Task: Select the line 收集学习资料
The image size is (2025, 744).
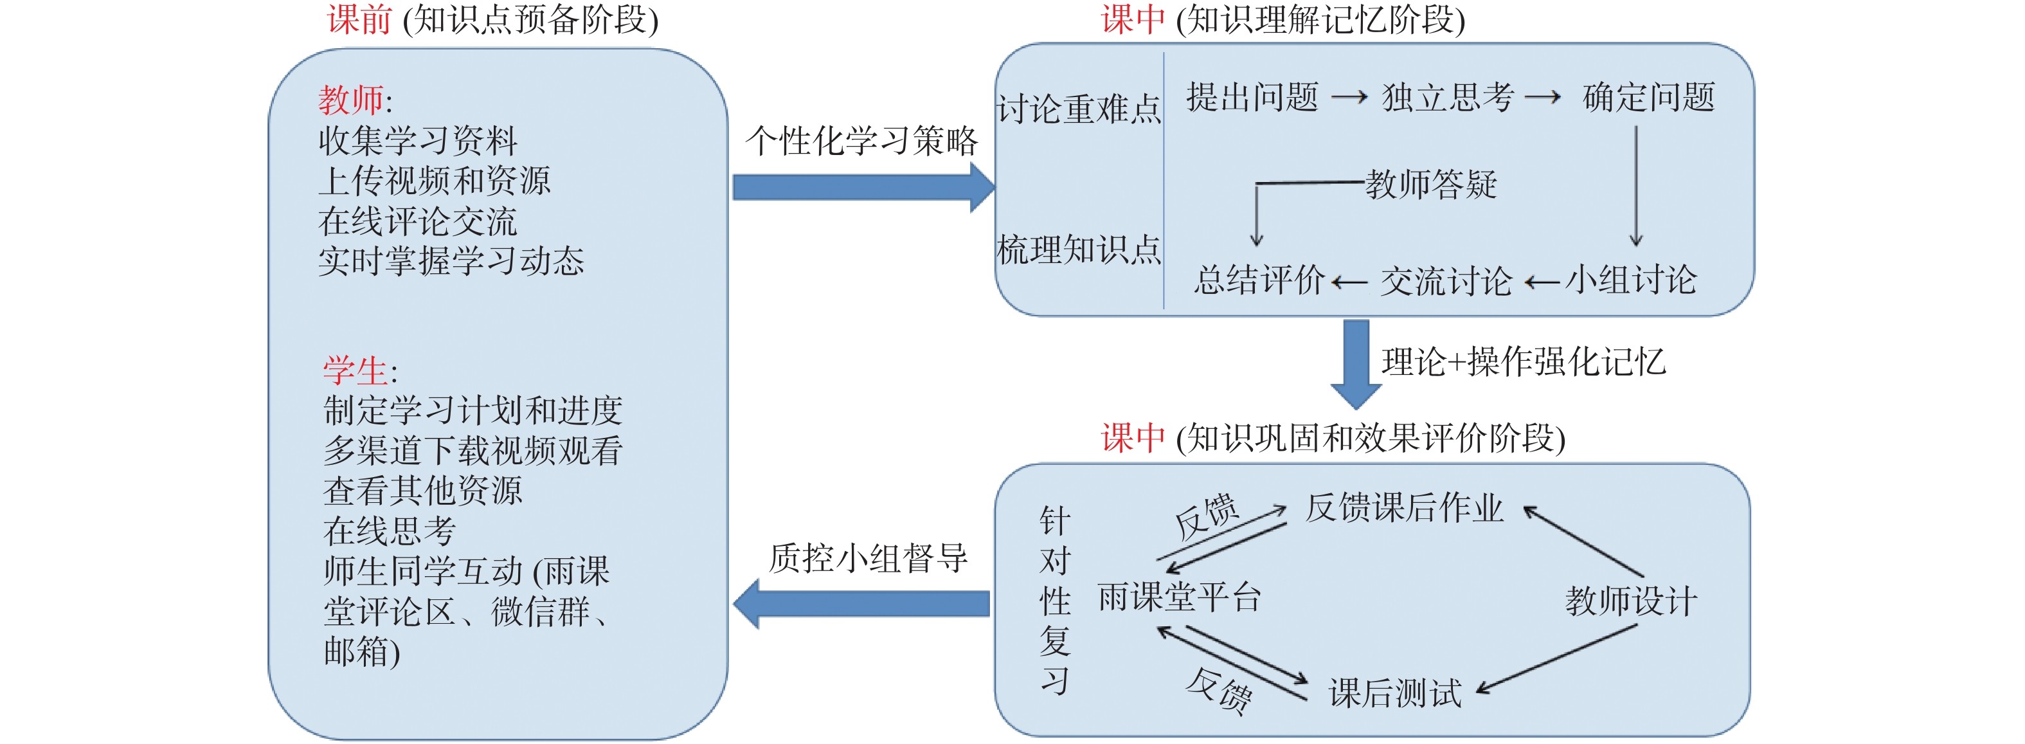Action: click(x=417, y=141)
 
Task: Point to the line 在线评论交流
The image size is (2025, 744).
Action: click(x=417, y=222)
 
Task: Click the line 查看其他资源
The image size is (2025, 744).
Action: click(x=422, y=491)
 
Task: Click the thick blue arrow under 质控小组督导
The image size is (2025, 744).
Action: click(x=861, y=603)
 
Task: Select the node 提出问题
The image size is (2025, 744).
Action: click(x=1252, y=98)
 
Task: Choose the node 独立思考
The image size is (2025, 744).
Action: click(x=1448, y=98)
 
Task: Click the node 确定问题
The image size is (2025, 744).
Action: click(x=1648, y=98)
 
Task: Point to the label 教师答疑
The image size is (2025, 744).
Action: click(x=1431, y=185)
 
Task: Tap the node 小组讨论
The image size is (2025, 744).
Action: click(x=1631, y=280)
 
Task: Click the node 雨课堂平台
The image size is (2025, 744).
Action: click(x=1179, y=598)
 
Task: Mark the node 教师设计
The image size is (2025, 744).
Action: click(x=1631, y=602)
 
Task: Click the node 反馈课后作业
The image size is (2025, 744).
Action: click(x=1404, y=508)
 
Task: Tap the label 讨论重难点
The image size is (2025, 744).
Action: click(x=1079, y=109)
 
